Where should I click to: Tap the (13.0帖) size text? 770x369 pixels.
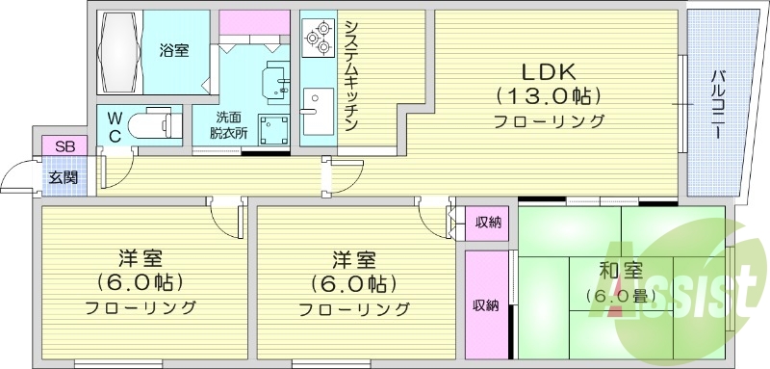(x=549, y=96)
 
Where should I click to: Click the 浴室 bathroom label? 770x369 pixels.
(x=173, y=48)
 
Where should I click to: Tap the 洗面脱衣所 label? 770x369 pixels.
(x=229, y=127)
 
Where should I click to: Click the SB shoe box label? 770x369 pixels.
(x=64, y=145)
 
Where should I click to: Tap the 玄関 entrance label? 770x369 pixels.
(x=64, y=176)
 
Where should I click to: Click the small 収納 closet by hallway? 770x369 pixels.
(x=488, y=223)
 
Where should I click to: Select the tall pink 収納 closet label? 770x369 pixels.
(x=485, y=305)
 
